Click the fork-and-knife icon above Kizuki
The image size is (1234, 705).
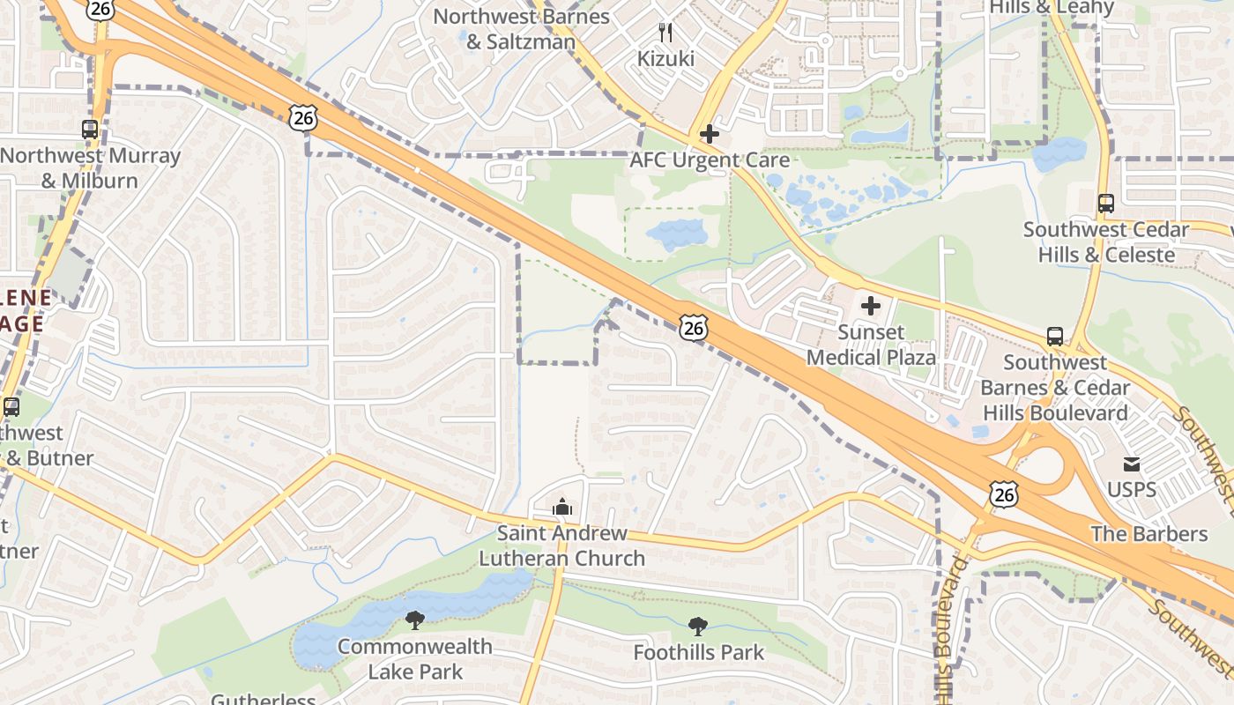(x=665, y=33)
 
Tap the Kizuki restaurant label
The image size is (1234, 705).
(x=665, y=59)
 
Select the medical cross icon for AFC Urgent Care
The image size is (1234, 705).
(x=710, y=134)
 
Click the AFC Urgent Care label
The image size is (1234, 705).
(x=710, y=160)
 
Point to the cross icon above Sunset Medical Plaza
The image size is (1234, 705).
(x=871, y=306)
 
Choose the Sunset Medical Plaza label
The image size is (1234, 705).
(x=871, y=345)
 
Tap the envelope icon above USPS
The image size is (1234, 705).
(x=1132, y=464)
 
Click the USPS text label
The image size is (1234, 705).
(x=1132, y=489)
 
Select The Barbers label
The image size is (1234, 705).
(x=1149, y=533)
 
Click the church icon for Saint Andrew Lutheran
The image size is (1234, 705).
(x=561, y=507)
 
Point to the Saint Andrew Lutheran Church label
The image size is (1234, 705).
(x=561, y=545)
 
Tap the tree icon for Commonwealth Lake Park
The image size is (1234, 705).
(x=414, y=620)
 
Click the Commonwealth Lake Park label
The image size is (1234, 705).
(x=414, y=658)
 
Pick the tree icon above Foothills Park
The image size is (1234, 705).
(x=698, y=627)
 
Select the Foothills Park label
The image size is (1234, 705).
(x=698, y=653)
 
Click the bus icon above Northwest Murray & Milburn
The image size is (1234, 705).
(x=90, y=130)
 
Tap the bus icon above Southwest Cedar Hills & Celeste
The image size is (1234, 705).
(x=1106, y=204)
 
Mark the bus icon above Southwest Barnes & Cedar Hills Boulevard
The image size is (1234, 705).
(x=1055, y=337)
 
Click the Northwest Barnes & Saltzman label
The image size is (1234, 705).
(x=521, y=29)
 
